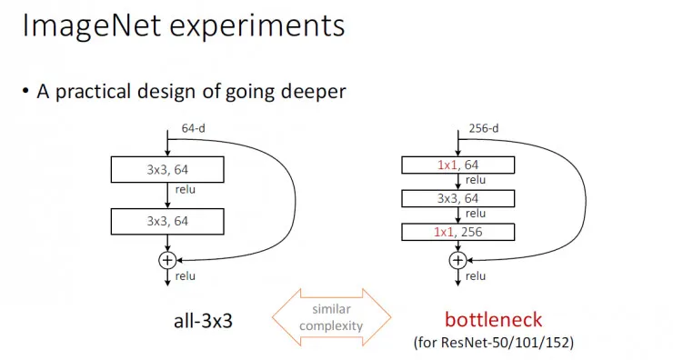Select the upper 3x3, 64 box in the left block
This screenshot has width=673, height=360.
point(166,169)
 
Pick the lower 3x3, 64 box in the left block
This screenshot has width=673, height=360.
point(166,220)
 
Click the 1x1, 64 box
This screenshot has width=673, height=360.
point(457,165)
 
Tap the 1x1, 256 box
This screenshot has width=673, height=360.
point(457,232)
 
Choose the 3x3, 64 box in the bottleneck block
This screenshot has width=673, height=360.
point(457,198)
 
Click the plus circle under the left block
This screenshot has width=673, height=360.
point(166,260)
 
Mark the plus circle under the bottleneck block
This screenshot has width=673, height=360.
point(457,260)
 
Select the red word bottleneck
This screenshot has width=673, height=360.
point(493,320)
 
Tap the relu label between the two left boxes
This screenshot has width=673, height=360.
point(185,191)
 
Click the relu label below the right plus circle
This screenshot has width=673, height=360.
point(477,275)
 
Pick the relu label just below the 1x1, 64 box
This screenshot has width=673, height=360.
point(477,180)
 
